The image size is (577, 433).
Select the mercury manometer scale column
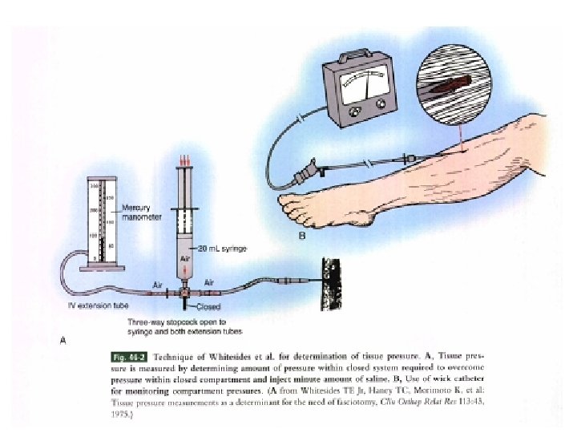tap(101, 221)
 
